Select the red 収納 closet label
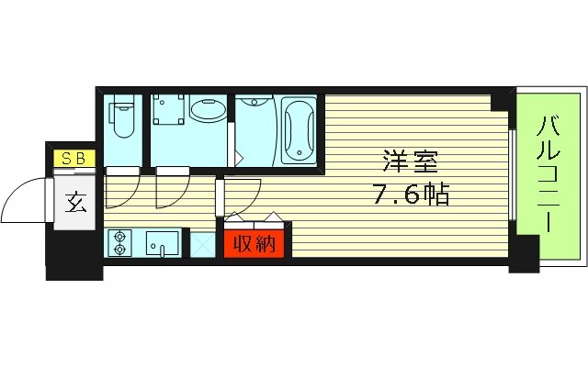click(x=254, y=244)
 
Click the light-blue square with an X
click(x=200, y=245)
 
